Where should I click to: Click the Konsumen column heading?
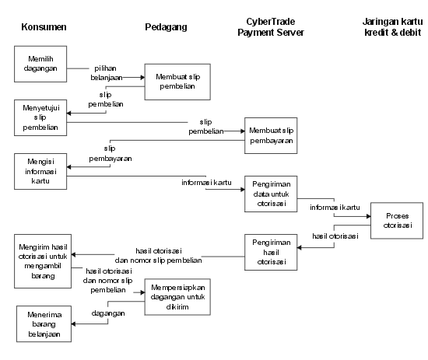(44, 27)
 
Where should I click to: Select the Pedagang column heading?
(166, 27)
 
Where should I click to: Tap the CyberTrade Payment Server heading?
(271, 27)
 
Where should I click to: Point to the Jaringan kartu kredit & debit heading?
(392, 27)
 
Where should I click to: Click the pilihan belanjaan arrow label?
(106, 73)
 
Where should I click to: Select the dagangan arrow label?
(108, 313)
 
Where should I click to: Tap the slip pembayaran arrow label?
(111, 153)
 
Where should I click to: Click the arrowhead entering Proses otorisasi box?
(369, 216)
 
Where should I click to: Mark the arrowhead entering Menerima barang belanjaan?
(73, 323)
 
